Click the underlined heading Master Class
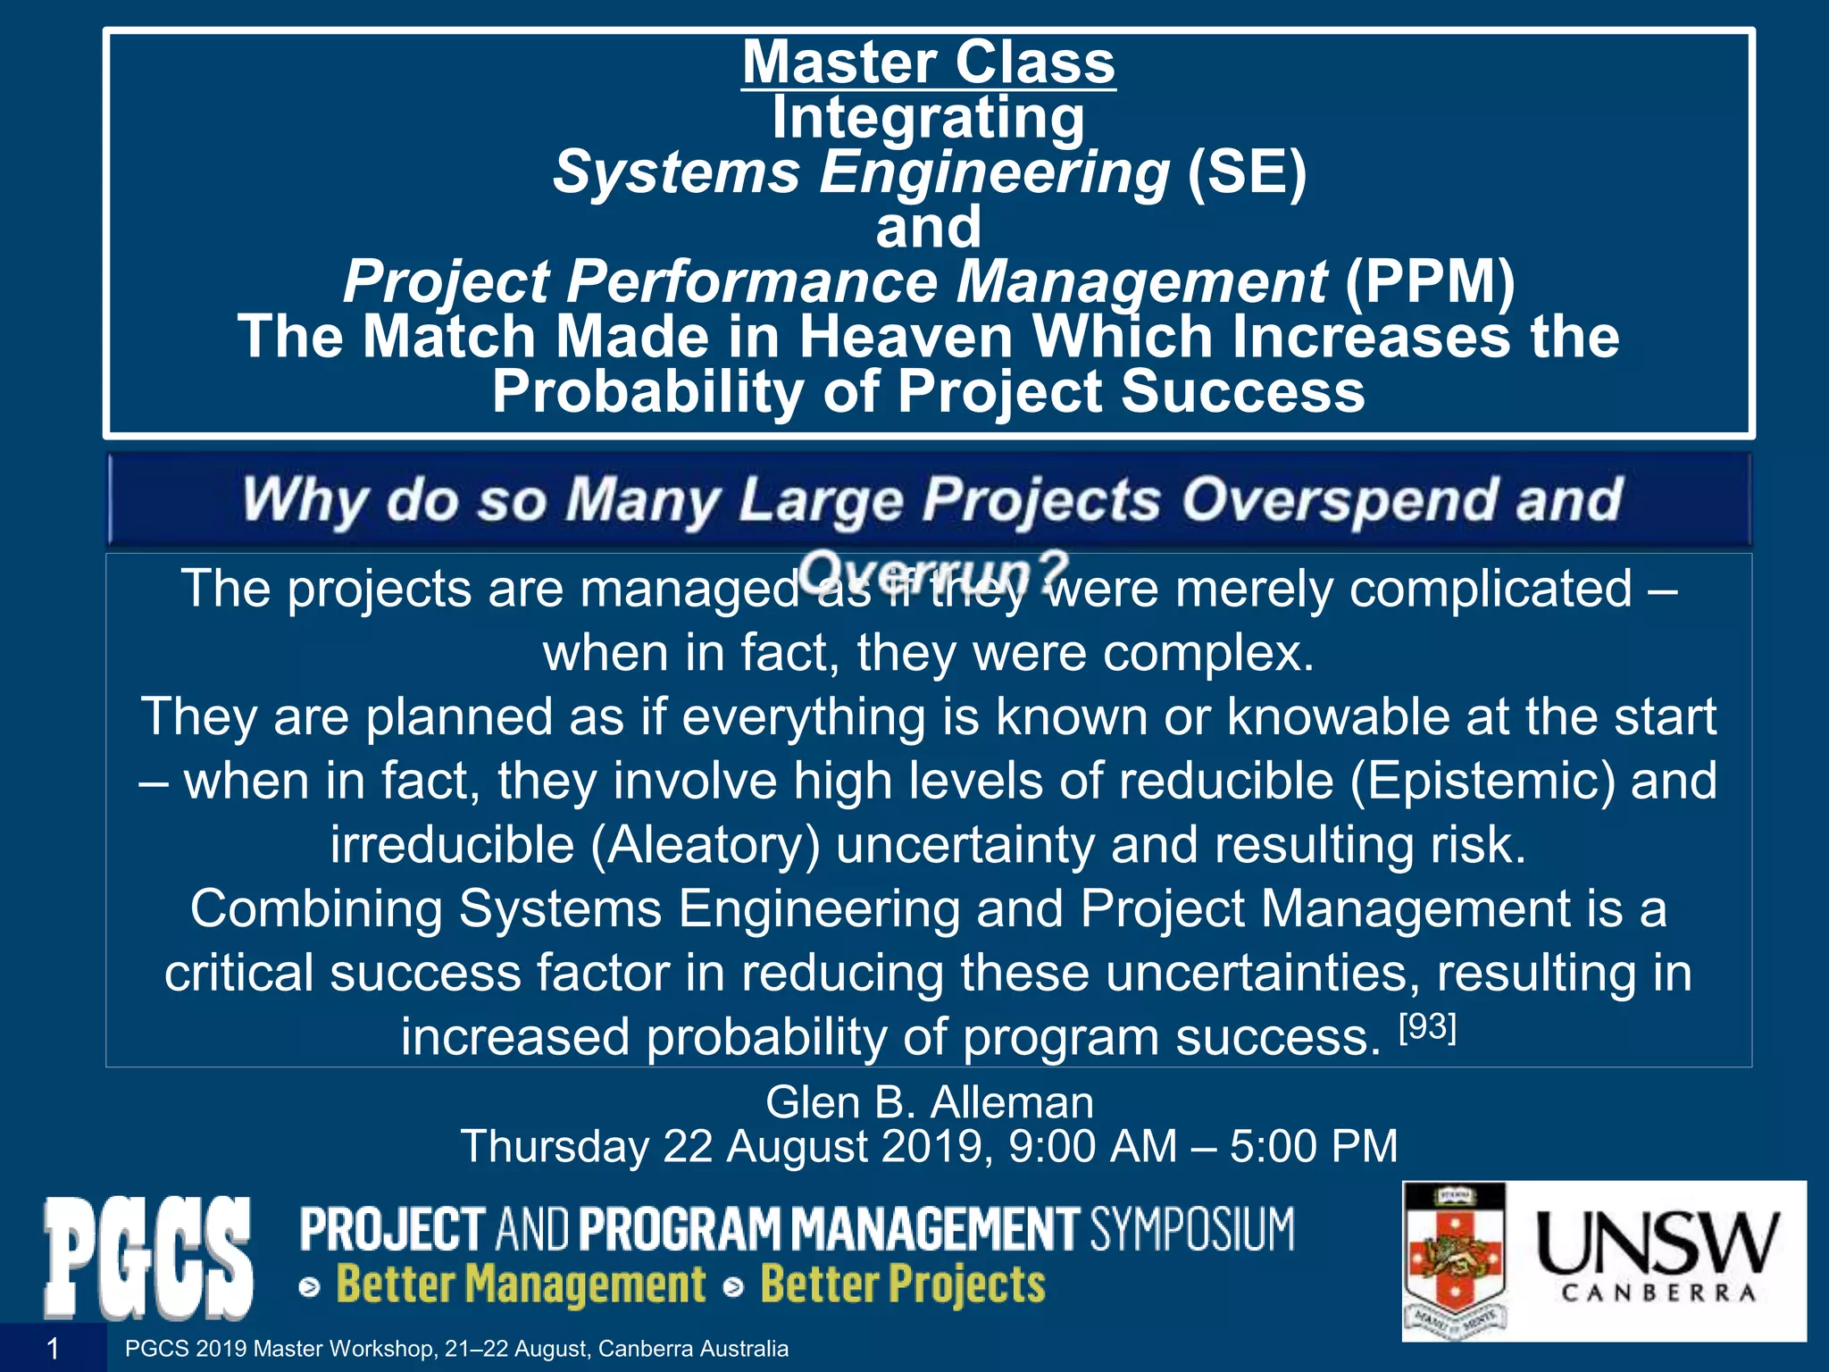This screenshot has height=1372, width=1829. coord(929,63)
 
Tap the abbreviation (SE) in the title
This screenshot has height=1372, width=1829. coord(1247,171)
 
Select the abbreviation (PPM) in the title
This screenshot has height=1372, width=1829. coord(1430,281)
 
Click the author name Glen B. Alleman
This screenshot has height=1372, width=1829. coord(929,1102)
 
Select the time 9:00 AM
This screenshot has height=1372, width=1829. coord(1092,1147)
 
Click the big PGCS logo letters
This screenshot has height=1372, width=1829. coord(148,1259)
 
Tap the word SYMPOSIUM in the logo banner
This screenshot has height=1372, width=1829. coord(1191,1229)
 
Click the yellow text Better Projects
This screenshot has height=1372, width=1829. coord(903,1285)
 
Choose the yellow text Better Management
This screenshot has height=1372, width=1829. coord(521,1285)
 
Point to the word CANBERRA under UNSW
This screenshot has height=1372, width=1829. coord(1658,1293)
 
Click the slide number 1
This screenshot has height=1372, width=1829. coord(53,1349)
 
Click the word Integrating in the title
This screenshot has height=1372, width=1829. coord(929,117)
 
